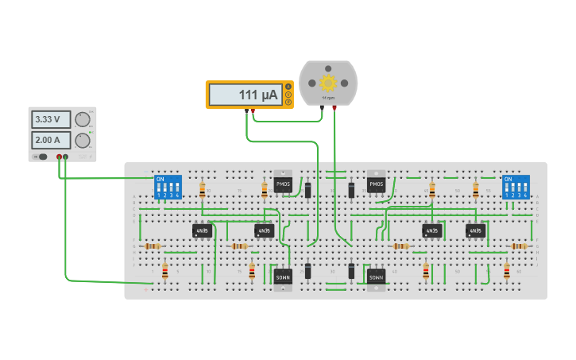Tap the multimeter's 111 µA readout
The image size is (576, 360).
245,95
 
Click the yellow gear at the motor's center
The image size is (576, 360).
328,82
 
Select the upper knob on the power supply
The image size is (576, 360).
82,120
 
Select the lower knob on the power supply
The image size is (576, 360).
82,141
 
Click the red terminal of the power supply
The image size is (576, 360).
59,157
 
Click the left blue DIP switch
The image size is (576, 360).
168,187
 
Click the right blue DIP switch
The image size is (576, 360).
516,187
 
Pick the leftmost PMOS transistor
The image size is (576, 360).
283,184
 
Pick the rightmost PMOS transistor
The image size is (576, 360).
376,184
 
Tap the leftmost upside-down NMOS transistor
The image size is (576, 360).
283,277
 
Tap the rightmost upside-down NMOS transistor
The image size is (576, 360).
376,277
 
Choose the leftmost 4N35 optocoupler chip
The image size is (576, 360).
202,230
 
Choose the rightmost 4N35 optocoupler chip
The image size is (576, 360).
475,230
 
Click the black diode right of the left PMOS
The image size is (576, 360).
307,190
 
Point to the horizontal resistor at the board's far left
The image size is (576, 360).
152,246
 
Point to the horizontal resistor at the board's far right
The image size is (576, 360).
518,246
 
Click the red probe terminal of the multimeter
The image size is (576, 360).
253,110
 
